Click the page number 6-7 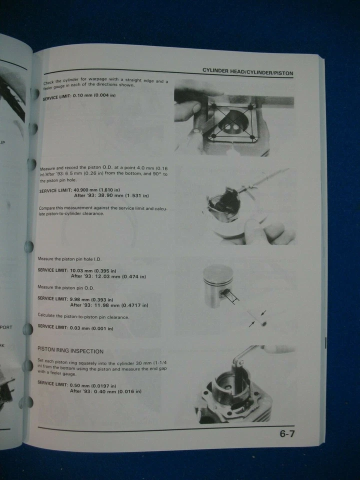click(287, 433)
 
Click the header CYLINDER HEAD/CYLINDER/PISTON click(247, 72)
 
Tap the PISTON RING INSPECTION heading click(70, 351)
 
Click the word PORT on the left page click(6, 327)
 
